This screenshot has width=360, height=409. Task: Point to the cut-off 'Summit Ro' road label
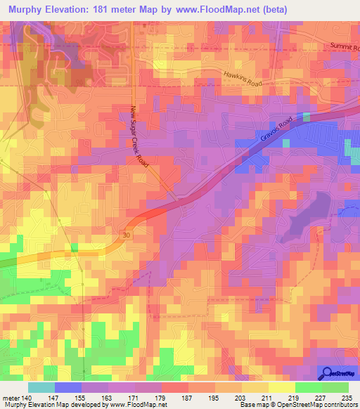point(344,46)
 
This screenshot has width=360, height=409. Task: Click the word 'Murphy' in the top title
point(27,9)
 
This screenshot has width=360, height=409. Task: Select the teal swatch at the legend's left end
point(41,387)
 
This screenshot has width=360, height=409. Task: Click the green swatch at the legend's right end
point(335,387)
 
